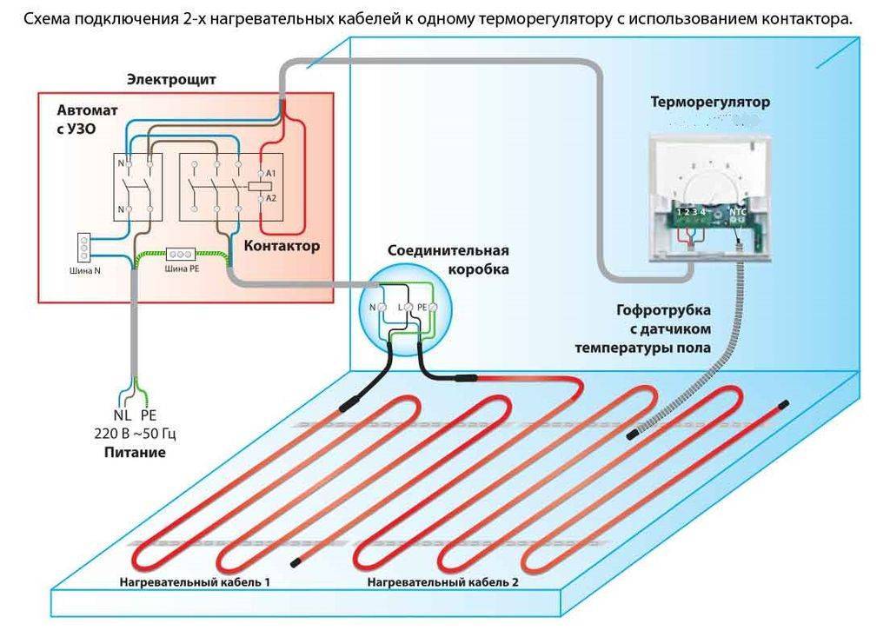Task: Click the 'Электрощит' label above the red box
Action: (x=171, y=80)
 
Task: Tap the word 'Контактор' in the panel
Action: (x=282, y=246)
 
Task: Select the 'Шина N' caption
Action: (x=84, y=269)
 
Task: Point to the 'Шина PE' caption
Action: (x=180, y=269)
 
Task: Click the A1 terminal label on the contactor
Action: (x=271, y=175)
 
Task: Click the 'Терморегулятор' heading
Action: (x=710, y=103)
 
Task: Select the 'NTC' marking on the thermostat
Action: (x=738, y=211)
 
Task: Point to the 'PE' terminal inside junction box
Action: (x=423, y=308)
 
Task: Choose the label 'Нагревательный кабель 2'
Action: (x=443, y=581)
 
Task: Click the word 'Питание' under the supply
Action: (x=135, y=453)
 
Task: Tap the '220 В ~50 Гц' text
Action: (x=136, y=433)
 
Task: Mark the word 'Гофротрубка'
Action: (x=664, y=310)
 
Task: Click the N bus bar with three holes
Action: (x=84, y=247)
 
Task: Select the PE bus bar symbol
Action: (x=180, y=255)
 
